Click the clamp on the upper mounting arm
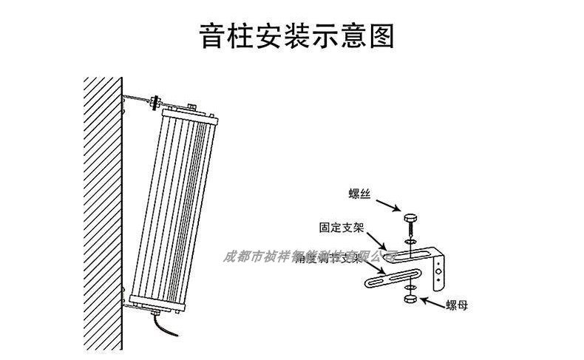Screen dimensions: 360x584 [156, 101]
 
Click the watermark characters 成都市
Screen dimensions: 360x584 [244, 257]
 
